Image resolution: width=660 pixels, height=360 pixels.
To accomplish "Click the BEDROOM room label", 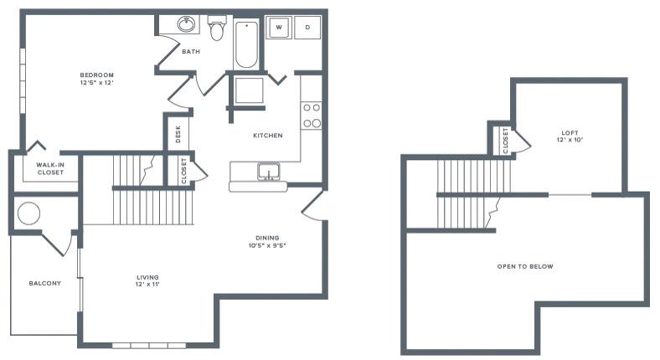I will pos(96,75).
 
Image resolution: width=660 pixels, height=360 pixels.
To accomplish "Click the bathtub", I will pos(247,44).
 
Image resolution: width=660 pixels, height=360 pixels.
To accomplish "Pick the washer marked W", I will pos(278,28).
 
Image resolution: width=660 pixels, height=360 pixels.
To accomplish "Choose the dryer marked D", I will pos(307,28).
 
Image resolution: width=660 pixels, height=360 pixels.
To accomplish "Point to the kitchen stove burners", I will pos(312,116).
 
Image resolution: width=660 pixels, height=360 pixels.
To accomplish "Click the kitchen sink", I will pos(269,171).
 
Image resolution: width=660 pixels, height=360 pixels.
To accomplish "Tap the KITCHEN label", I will pos(268,135).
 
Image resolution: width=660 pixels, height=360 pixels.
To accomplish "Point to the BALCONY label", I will pos(44,283).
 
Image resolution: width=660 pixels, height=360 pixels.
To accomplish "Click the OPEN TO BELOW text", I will pos(525,266).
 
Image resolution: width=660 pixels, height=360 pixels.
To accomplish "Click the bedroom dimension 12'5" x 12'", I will pos(96,83).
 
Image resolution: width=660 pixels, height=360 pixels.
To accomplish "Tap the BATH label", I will pos(191,52).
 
